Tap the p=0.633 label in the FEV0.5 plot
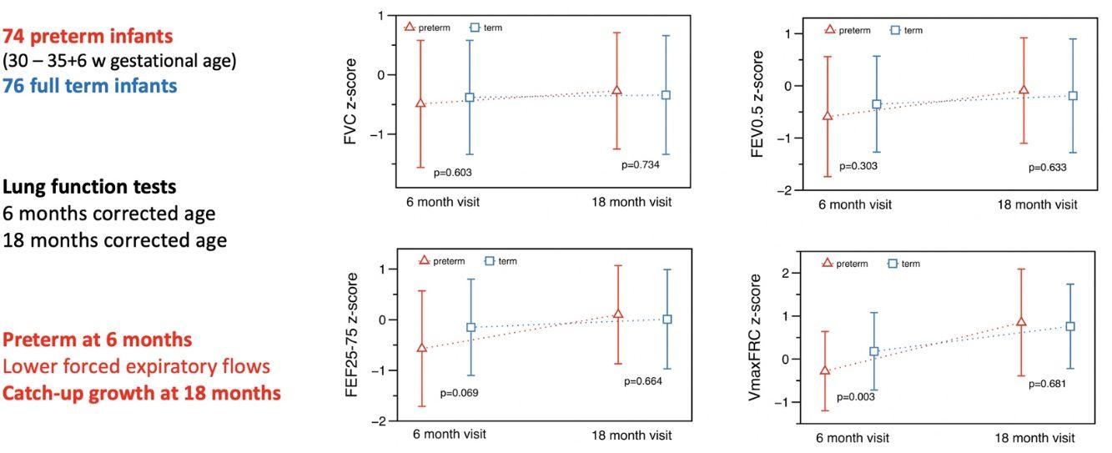pyautogui.click(x=1047, y=167)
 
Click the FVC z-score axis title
pyautogui.click(x=351, y=102)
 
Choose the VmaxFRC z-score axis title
pyautogui.click(x=756, y=345)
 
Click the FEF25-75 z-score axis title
pyautogui.click(x=352, y=334)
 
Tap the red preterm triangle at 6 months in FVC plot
pyautogui.click(x=420, y=103)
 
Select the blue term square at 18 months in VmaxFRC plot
pyautogui.click(x=1070, y=326)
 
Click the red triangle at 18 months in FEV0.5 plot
pyautogui.click(x=1024, y=89)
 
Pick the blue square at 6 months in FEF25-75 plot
pyautogui.click(x=470, y=328)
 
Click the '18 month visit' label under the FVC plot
pyautogui.click(x=631, y=202)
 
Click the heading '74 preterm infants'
pyautogui.click(x=88, y=37)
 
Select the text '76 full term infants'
pyautogui.click(x=89, y=85)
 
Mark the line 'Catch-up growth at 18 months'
pyautogui.click(x=141, y=392)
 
